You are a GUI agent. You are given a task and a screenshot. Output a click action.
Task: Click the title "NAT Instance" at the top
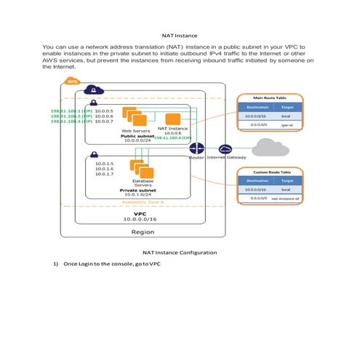[179, 34]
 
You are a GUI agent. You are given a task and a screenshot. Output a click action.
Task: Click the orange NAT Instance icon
[173, 119]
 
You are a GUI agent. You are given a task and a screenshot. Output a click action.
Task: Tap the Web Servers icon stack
[132, 116]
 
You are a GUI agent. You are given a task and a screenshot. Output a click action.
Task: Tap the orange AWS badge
[72, 81]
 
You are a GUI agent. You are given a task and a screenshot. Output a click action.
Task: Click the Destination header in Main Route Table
[255, 107]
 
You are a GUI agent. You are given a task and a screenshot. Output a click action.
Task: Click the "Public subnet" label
[137, 136]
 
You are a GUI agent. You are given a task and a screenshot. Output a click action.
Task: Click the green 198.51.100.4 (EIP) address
[172, 137]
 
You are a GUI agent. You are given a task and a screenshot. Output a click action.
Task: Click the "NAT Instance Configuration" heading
[179, 252]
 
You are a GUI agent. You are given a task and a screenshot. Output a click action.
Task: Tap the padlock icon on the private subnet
[94, 155]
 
